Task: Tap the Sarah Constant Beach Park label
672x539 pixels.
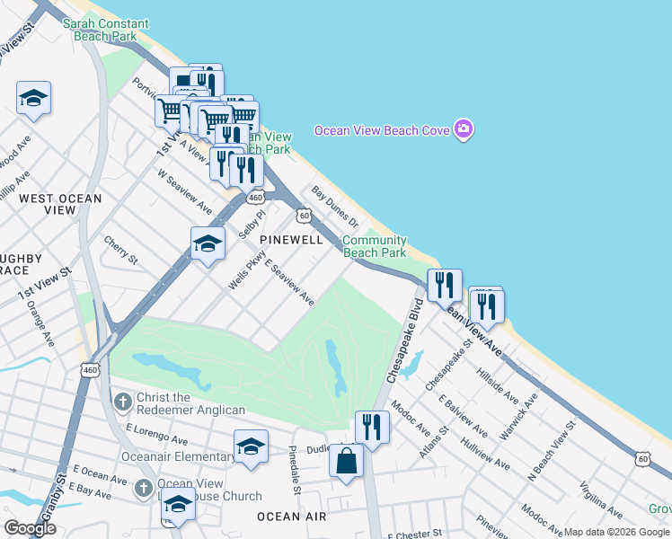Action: click(x=99, y=30)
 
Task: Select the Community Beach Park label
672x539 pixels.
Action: click(x=375, y=246)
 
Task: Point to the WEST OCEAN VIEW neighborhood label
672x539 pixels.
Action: click(x=61, y=204)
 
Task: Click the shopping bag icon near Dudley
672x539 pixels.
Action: click(x=346, y=462)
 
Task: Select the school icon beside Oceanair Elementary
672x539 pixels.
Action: click(x=251, y=446)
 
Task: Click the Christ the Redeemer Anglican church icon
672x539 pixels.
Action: click(x=124, y=398)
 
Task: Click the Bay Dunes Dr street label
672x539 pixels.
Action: click(x=335, y=208)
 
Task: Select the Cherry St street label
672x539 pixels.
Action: click(x=120, y=251)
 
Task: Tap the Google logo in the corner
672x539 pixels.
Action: click(x=30, y=528)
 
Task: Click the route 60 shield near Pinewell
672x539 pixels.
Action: click(x=305, y=216)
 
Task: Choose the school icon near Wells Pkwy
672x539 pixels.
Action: click(x=208, y=243)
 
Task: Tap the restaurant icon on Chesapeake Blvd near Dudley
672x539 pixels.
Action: click(x=371, y=427)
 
